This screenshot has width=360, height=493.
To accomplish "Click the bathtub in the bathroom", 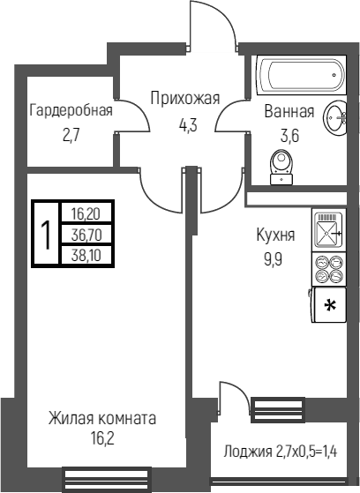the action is coord(302,75).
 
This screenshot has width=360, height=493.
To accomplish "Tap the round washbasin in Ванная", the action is coord(334,116).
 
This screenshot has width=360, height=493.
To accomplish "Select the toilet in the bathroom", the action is coord(281,167).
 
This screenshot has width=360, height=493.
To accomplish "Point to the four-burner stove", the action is coord(329,269).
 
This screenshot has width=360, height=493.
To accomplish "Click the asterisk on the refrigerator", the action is coord(330,305).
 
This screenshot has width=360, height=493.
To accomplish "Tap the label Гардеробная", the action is coord(71,111).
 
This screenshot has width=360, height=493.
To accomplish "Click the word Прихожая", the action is coord(185,98).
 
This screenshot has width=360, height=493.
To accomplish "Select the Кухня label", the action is coord(276,235).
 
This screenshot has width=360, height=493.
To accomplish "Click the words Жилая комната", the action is coord(102,419).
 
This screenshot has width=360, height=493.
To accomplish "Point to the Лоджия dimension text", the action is coord(281,452).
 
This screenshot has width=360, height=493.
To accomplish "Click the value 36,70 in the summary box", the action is coord(86,235).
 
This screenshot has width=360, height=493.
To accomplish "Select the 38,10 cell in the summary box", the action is coord(86,255).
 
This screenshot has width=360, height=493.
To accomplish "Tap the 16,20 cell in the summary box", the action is coord(86,214).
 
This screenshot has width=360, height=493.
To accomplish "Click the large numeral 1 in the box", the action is coord(47,234).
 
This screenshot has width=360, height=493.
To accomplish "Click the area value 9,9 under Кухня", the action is coord(274,259).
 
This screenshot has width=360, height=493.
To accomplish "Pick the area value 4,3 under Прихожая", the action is coord(188,125).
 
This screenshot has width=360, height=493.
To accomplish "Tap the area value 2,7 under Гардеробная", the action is coord(72,136).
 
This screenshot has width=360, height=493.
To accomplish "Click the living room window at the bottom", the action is coord(107,480).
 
